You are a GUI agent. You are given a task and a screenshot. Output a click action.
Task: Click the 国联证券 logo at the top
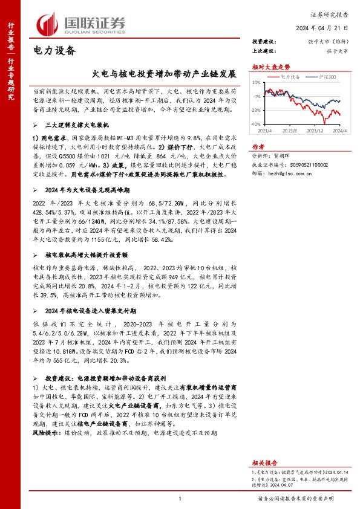coord(81,24)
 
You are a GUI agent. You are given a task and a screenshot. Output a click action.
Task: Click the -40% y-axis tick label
coord(257,124)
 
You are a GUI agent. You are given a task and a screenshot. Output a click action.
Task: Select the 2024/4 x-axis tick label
coord(339,130)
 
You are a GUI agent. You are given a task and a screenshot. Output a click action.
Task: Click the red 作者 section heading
coord(258,147)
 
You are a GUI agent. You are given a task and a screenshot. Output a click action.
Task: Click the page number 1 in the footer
coord(180,499)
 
